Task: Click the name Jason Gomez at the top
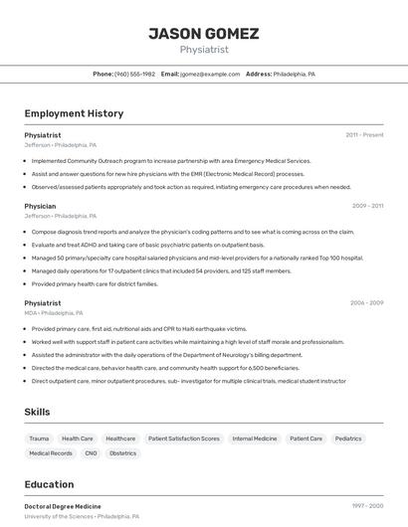[x=203, y=33]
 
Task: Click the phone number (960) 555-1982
[x=134, y=74]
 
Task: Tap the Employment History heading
[x=74, y=113]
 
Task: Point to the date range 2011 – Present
[x=364, y=134]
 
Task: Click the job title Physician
[x=40, y=206]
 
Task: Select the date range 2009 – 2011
[x=367, y=206]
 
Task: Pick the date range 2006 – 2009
[x=367, y=302]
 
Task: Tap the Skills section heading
[x=38, y=412]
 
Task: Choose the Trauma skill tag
[x=39, y=439]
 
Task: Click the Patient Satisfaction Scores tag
[x=183, y=439]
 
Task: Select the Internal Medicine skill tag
[x=255, y=439]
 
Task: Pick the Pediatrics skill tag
[x=348, y=439]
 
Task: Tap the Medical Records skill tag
[x=51, y=453]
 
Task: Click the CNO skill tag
[x=91, y=453]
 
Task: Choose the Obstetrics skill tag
[x=122, y=453]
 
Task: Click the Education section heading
[x=49, y=484]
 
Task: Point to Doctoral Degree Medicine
[x=63, y=506]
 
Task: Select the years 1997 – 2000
[x=367, y=506]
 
